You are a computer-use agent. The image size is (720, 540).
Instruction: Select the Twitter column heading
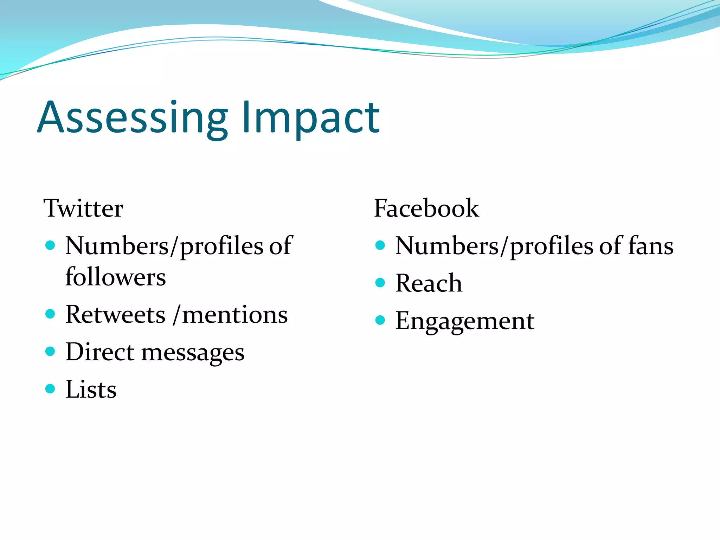tap(83, 208)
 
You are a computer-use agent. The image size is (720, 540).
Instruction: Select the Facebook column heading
tap(426, 208)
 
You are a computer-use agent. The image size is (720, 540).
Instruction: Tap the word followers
tap(115, 277)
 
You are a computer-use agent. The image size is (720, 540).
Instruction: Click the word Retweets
tap(115, 315)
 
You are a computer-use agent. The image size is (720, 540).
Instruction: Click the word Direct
tap(100, 352)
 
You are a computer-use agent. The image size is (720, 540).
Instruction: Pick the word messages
tap(193, 353)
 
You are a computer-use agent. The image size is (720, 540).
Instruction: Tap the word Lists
tap(91, 390)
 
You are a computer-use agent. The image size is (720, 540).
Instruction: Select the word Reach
tap(429, 283)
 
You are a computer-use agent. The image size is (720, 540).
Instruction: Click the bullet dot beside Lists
tap(50, 389)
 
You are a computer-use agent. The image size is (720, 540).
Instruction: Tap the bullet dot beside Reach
tap(380, 283)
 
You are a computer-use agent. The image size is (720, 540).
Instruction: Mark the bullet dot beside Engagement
tap(380, 320)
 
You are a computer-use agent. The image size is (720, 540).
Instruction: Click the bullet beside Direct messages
tap(50, 351)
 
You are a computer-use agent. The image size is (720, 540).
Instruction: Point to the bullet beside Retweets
tap(50, 314)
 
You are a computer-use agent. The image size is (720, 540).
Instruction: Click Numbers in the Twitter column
tap(117, 246)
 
